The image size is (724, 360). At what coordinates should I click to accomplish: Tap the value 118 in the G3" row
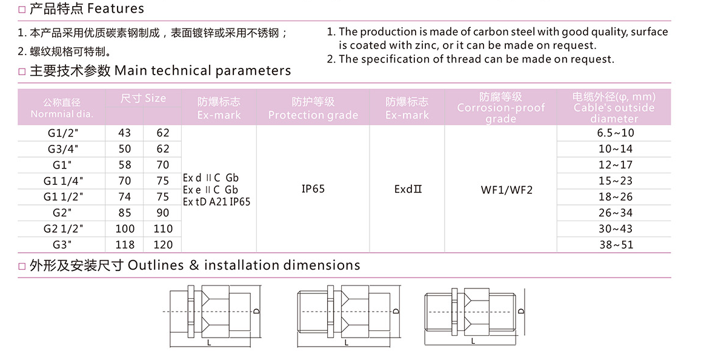[125, 245]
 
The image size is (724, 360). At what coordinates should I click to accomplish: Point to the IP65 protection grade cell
[313, 190]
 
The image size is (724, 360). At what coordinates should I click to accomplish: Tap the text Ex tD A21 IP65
[216, 201]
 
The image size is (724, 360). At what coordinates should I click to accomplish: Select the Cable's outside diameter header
[614, 108]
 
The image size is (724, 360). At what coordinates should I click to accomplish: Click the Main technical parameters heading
[202, 71]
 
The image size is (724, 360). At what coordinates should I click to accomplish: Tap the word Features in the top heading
[116, 8]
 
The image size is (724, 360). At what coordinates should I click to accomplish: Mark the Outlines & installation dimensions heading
[244, 265]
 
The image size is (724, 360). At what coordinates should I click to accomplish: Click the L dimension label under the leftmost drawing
[208, 343]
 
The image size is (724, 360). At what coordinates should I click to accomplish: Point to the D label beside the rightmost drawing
[521, 312]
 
